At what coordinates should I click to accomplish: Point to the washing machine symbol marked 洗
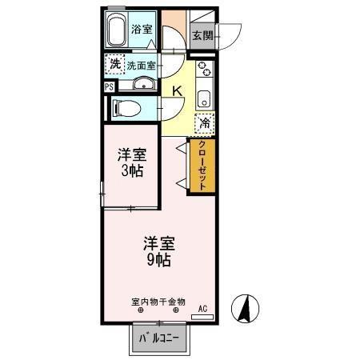coord(114,65)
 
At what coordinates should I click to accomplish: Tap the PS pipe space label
coord(108,88)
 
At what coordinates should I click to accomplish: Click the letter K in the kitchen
coord(178,91)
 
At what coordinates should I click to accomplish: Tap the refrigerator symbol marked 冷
coord(204,123)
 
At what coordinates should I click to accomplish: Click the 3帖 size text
coord(132,171)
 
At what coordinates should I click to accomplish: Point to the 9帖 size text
coord(159,260)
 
